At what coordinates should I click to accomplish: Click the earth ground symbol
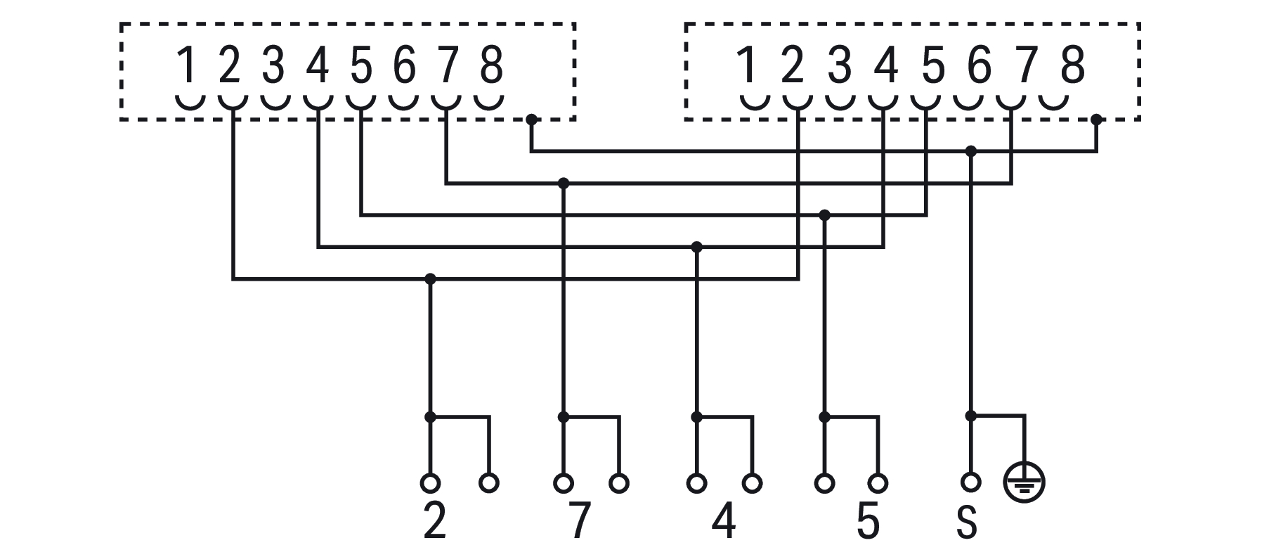(1024, 483)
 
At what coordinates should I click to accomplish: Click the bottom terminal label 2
(435, 522)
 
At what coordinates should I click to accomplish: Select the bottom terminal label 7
(578, 522)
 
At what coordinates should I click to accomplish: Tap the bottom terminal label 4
(724, 522)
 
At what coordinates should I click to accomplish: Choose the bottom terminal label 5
(869, 522)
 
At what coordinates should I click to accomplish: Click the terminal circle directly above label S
(970, 482)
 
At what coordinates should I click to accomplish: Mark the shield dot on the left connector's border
(531, 119)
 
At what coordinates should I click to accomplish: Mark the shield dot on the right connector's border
(1096, 119)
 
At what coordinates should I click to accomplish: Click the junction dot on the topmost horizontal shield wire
(971, 151)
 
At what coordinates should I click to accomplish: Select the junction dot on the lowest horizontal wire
(431, 279)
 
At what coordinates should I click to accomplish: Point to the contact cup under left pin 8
(490, 101)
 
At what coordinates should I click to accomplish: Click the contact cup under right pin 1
(755, 101)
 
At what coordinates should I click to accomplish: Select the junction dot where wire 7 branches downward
(563, 184)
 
